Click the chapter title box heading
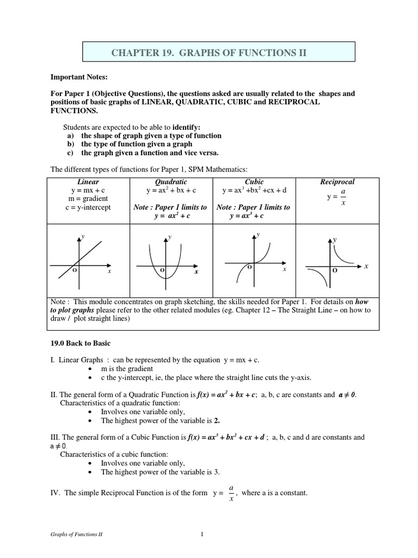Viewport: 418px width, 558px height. tap(209, 52)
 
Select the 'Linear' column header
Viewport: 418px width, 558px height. tap(88, 181)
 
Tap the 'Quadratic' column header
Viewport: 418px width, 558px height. tap(171, 181)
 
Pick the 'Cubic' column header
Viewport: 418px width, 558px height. tap(254, 181)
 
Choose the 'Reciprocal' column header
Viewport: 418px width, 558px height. tap(337, 181)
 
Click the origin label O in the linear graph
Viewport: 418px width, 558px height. tap(74, 270)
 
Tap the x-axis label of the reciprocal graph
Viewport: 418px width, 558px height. tap(366, 266)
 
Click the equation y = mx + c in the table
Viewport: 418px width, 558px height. tap(88, 190)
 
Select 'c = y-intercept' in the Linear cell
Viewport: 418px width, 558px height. tap(88, 207)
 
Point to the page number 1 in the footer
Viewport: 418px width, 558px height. tap(201, 535)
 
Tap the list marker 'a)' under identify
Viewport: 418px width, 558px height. tap(71, 135)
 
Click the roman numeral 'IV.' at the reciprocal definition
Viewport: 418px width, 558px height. tap(55, 493)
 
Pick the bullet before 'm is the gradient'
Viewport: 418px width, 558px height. tap(90, 369)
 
